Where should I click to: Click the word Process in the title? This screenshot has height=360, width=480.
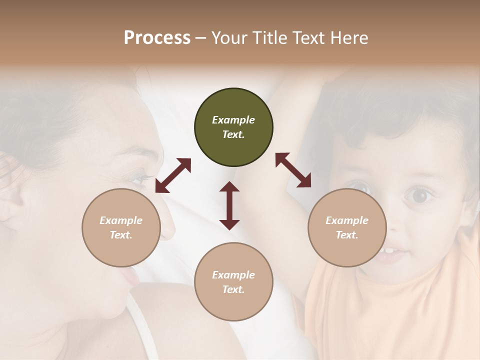pyautogui.click(x=157, y=38)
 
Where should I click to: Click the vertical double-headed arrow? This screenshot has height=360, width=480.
pyautogui.click(x=229, y=205)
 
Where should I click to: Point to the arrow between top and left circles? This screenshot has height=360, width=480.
pyautogui.click(x=173, y=175)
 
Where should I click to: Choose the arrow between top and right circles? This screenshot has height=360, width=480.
pyautogui.click(x=293, y=170)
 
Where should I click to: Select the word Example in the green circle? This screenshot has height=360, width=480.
pyautogui.click(x=233, y=120)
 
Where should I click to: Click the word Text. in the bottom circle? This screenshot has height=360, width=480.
pyautogui.click(x=233, y=289)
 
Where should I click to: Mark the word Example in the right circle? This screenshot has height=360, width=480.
pyautogui.click(x=347, y=220)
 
